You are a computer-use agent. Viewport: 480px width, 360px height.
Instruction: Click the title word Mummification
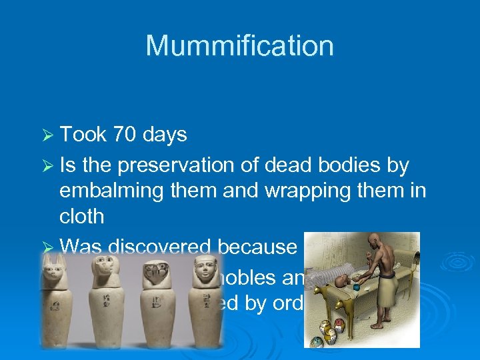(x=239, y=46)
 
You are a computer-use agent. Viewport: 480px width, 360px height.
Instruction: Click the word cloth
(x=82, y=216)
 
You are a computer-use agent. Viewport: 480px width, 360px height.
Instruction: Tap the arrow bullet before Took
(x=47, y=135)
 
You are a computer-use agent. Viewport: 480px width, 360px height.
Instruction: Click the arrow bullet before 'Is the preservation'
(x=47, y=165)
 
